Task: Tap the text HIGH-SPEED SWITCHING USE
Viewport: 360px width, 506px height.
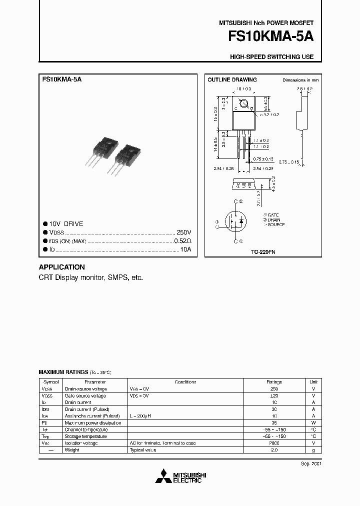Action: click(271, 57)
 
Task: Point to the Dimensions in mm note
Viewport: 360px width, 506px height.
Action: click(300, 80)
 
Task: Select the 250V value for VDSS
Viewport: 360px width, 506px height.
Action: click(183, 232)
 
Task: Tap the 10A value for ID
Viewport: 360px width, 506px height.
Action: click(185, 249)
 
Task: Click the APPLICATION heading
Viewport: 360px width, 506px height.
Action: click(62, 267)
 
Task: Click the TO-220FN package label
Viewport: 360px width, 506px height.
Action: click(263, 252)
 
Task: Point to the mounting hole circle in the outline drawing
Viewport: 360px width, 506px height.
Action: click(244, 104)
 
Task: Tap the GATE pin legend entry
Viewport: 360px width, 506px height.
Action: click(272, 214)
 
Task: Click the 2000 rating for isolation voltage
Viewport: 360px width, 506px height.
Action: click(273, 443)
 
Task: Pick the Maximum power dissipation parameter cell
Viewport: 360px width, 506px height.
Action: click(93, 422)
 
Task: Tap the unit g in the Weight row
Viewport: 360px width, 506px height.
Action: click(313, 450)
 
